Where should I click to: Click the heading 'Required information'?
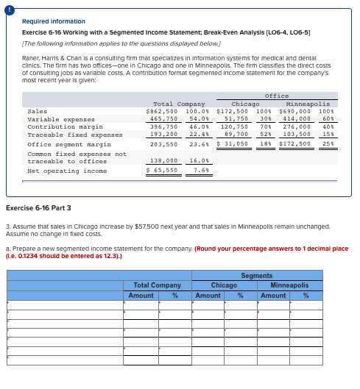[54, 21]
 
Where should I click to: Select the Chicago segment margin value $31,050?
[233, 143]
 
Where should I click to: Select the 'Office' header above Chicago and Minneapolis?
[276, 96]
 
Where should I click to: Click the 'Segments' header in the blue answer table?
[256, 275]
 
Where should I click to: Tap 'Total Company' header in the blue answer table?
[157, 285]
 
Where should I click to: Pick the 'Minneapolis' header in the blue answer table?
[289, 285]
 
